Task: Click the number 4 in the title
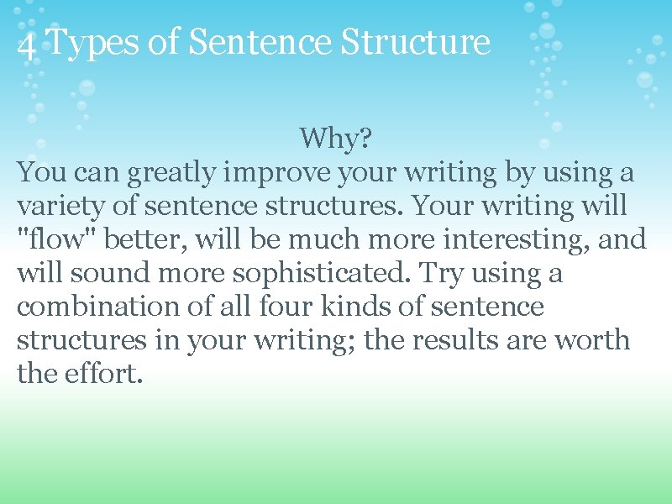pos(26,45)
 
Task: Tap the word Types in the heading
pos(92,42)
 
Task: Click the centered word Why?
pos(335,139)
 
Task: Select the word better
pos(150,239)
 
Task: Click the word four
pos(292,307)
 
